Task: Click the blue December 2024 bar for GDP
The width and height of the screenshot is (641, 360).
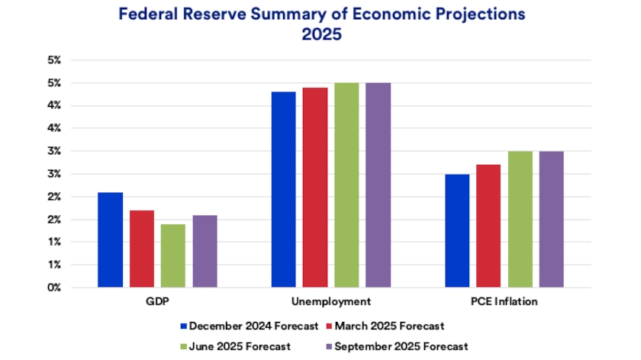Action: (x=110, y=239)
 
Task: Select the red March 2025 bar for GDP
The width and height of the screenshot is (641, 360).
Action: (x=141, y=249)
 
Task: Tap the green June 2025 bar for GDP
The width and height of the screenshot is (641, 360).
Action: (x=172, y=256)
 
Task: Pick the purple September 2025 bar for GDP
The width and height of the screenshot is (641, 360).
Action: (x=205, y=251)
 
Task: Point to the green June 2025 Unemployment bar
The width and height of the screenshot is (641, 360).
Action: (x=346, y=185)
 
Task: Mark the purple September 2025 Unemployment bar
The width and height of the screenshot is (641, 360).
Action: (x=378, y=185)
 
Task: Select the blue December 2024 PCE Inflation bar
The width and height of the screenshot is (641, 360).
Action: (x=457, y=230)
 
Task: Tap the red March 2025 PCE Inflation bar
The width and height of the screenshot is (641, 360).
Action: (x=488, y=226)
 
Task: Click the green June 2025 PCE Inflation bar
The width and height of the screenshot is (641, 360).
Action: (x=520, y=219)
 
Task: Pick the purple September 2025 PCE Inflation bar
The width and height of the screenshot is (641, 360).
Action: (x=552, y=219)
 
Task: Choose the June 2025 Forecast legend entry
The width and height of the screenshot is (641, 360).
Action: (x=239, y=346)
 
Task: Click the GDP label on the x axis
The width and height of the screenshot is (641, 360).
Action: (x=157, y=301)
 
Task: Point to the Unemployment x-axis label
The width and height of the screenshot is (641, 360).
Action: (x=331, y=301)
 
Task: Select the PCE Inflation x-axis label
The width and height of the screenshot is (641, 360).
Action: (x=504, y=301)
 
